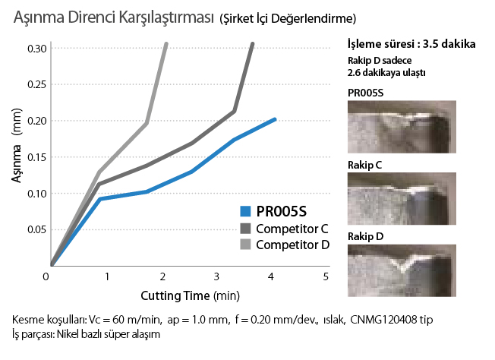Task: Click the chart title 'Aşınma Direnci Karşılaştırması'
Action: coord(111,17)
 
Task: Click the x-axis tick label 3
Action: coord(216,276)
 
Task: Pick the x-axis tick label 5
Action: coord(326,276)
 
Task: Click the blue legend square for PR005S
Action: coord(244,212)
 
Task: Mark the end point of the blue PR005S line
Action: coord(275,119)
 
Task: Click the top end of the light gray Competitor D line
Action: coord(166,44)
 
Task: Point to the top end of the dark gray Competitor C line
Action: coord(253,44)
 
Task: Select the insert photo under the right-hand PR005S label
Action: coord(401,129)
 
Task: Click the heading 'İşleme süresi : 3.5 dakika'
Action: coord(411,43)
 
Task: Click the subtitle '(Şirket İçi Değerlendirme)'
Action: coord(285,18)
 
